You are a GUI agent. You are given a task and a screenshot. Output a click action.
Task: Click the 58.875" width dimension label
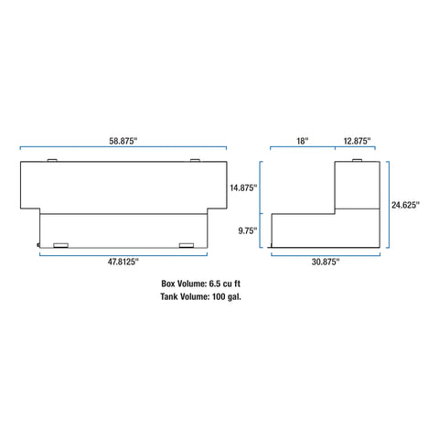[123, 141]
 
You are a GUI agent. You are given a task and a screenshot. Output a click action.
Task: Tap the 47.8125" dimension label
[123, 262]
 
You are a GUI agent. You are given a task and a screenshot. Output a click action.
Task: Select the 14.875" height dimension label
[243, 187]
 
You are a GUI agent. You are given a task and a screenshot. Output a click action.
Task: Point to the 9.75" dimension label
[248, 230]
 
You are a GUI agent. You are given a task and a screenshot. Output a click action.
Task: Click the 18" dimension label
[303, 141]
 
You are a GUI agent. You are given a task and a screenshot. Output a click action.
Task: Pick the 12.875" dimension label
[358, 141]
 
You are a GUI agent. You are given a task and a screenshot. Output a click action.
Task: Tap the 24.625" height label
[405, 205]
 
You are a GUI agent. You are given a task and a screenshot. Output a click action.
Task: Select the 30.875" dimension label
[326, 262]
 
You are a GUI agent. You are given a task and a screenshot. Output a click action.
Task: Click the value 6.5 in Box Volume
[215, 284]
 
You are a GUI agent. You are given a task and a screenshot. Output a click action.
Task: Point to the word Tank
[169, 296]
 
